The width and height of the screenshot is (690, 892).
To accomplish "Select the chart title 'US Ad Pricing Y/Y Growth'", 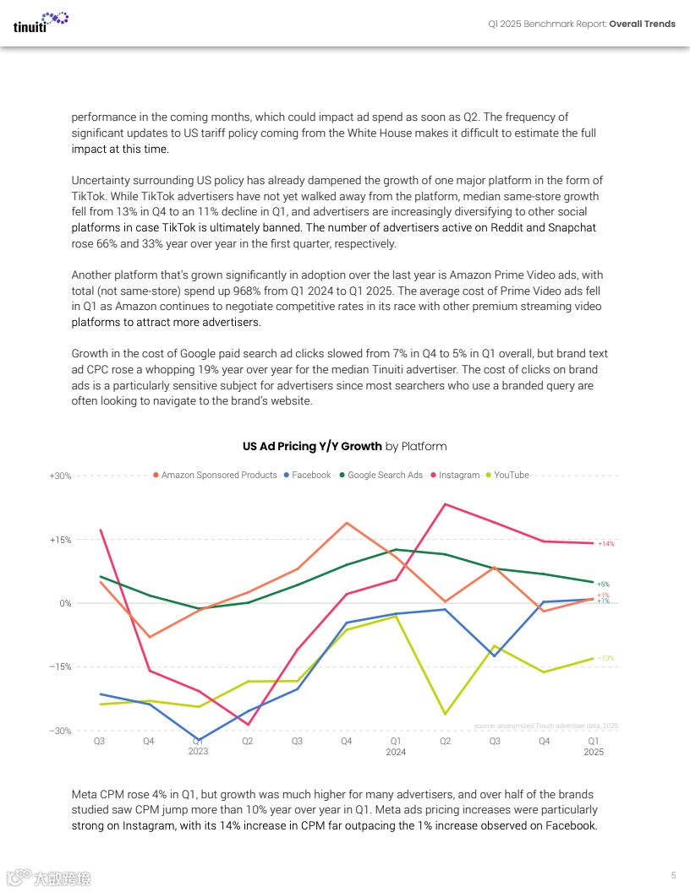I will point(312,446).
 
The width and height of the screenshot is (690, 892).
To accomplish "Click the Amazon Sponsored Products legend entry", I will point(219,476).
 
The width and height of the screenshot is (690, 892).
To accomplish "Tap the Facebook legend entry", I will point(311,476).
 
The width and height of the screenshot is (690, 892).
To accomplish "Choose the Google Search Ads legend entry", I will point(385,476).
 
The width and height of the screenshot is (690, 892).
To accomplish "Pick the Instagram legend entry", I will point(458,476).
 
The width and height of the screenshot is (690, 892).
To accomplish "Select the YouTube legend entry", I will point(511,476).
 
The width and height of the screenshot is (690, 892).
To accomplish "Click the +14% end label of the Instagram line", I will point(605,544).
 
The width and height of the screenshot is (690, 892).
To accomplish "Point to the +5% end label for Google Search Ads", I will point(603,585).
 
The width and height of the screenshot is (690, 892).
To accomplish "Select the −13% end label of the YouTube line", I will point(605,658).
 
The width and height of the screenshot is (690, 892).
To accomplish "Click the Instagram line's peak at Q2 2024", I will point(445,504).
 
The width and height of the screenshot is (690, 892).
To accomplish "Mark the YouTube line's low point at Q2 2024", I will point(445,715).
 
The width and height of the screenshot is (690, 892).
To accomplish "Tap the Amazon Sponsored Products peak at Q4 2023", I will point(347,523).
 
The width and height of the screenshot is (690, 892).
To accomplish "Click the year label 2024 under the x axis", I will point(396,752).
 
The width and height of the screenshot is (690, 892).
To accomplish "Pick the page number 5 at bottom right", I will point(673,874).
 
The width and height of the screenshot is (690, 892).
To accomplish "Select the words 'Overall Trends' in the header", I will point(643,24).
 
